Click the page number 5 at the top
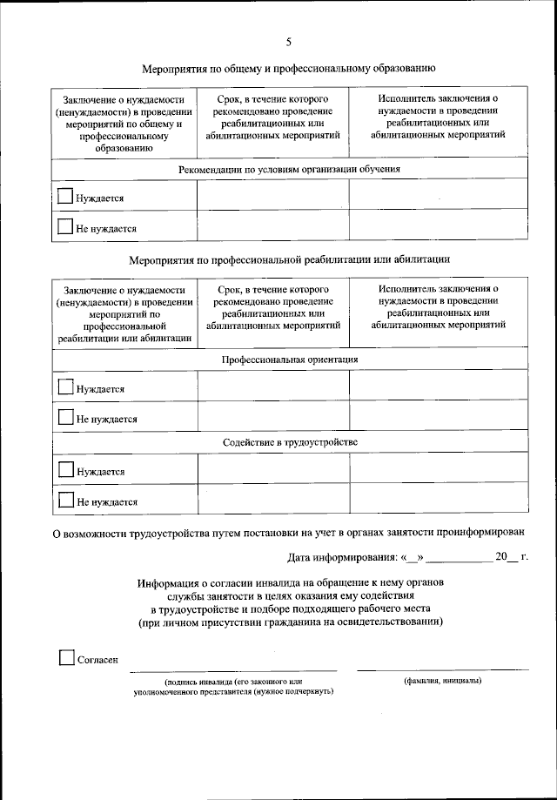pyautogui.click(x=288, y=41)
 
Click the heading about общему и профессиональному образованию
pyautogui.click(x=288, y=67)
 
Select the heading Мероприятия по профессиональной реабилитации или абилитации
pyautogui.click(x=288, y=259)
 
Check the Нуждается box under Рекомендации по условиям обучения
pyautogui.click(x=65, y=197)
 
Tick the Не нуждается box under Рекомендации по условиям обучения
pyautogui.click(x=65, y=227)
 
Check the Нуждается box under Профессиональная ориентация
pyautogui.click(x=65, y=387)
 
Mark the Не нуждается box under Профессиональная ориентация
pyautogui.click(x=65, y=417)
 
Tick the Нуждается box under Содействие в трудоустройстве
pyautogui.click(x=65, y=470)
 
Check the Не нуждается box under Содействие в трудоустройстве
pyautogui.click(x=65, y=500)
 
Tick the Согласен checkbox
pyautogui.click(x=66, y=658)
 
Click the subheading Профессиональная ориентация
pyautogui.click(x=289, y=359)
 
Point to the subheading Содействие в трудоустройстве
pyautogui.click(x=289, y=441)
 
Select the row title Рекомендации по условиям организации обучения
pyautogui.click(x=289, y=169)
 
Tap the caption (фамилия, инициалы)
pyautogui.click(x=443, y=681)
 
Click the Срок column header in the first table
pyautogui.click(x=273, y=118)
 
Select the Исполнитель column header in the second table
pyautogui.click(x=438, y=306)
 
